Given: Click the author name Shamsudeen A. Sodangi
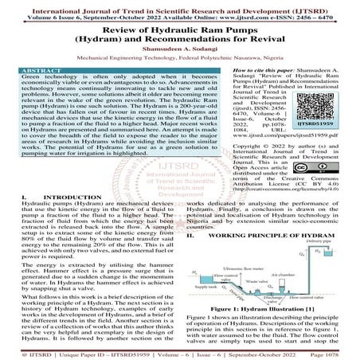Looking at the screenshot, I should tap(180, 46).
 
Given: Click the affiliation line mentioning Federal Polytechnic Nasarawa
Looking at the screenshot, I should tap(179, 57).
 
